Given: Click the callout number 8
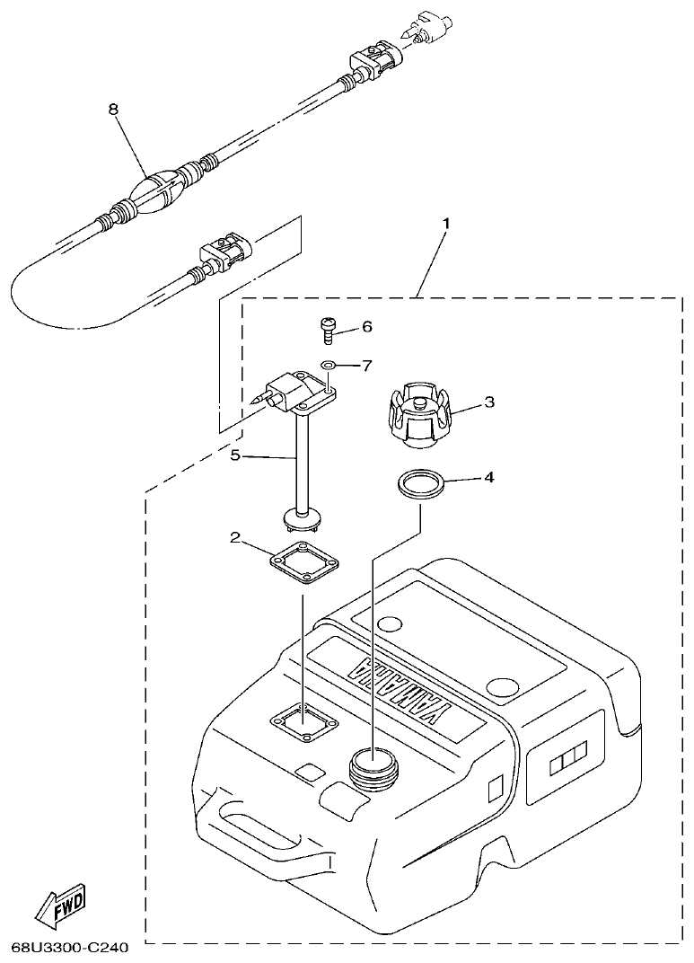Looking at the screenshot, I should [113, 110].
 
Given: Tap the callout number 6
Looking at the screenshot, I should [367, 328].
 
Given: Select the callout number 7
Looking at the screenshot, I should [367, 366].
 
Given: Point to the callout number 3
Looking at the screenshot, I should [489, 403].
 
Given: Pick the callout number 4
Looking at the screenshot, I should [489, 477].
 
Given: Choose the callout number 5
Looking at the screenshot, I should [235, 455].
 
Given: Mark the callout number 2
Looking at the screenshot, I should [235, 538].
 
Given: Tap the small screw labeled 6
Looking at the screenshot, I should [329, 330].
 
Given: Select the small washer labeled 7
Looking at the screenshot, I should [329, 366].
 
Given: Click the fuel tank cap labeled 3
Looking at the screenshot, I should [418, 415].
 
